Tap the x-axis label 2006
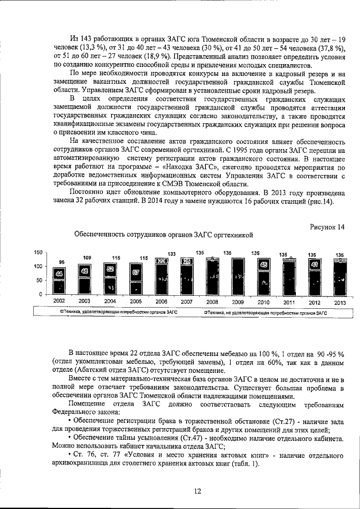[161, 301]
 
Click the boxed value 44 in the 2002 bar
[59, 273]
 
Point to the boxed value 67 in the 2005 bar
[136, 272]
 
